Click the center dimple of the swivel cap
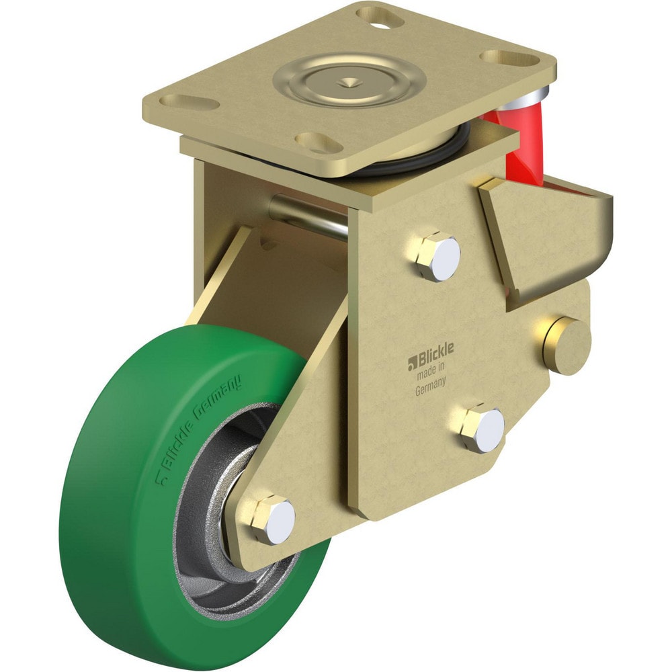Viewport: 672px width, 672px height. click(348, 83)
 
